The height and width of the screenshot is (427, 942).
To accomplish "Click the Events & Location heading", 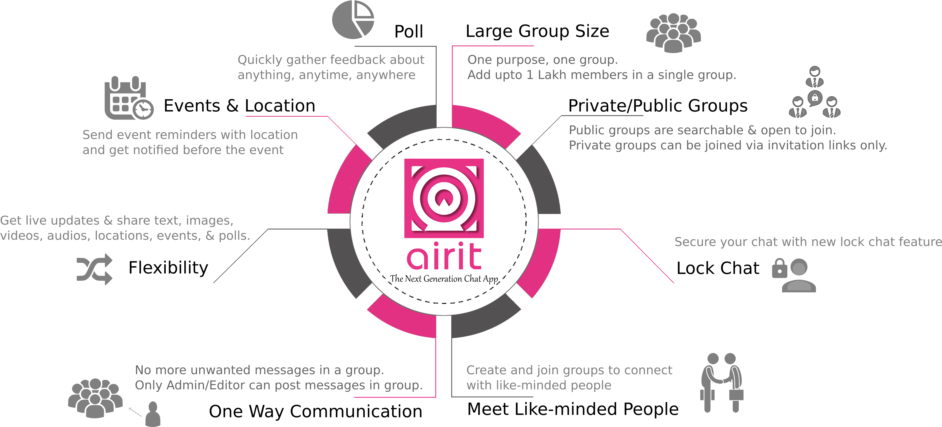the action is tap(240, 106).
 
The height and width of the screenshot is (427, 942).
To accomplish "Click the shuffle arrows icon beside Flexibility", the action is tap(94, 269).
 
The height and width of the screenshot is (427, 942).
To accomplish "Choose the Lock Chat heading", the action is tap(718, 268).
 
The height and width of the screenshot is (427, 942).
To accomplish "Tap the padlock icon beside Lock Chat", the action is tap(779, 269).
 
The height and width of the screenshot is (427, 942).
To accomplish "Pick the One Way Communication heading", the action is tap(316, 412).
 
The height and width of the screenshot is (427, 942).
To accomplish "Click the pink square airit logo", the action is tap(444, 198).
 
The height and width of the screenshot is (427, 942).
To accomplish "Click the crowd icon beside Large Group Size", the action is tap(674, 33).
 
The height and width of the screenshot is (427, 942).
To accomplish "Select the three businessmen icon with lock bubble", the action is tap(815, 92).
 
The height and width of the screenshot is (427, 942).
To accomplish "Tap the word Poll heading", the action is tap(409, 32).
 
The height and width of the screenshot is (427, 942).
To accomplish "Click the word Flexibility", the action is tap(168, 268).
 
